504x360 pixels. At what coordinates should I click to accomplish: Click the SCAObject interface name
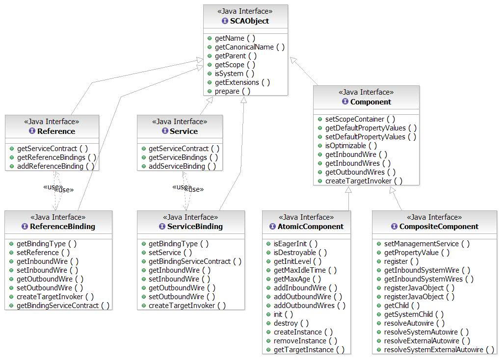[x=249, y=21]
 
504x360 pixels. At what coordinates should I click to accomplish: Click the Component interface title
[x=371, y=102]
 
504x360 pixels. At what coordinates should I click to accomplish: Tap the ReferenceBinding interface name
[x=62, y=227]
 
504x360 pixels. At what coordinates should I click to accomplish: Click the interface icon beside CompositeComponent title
[x=394, y=227]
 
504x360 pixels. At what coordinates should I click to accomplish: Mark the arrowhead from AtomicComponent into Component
[x=348, y=189]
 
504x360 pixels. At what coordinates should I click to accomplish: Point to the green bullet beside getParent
[x=210, y=56]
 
